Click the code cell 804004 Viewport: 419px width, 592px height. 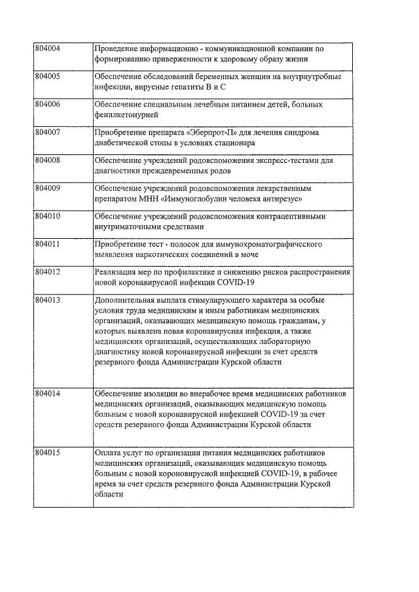48,49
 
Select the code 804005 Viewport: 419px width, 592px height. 48,77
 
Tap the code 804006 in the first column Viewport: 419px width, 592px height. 48,105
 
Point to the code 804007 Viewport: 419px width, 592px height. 48,132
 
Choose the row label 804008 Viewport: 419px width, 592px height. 48,160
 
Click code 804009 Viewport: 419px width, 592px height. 48,188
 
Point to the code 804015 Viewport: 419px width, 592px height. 48,453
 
